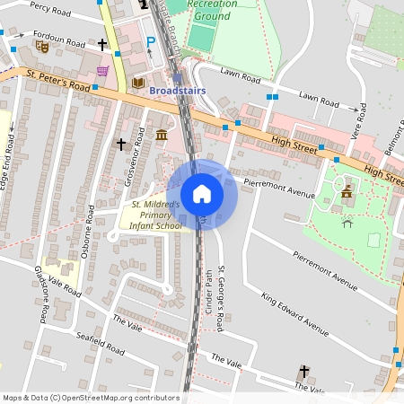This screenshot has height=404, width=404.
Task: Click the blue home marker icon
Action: pyautogui.click(x=202, y=193)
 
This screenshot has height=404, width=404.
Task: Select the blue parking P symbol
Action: pyautogui.click(x=151, y=42)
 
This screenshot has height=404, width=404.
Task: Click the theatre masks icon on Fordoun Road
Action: pyautogui.click(x=40, y=44)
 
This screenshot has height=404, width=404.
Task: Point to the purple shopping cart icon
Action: pyautogui.click(x=102, y=70)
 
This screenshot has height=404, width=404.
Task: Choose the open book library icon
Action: pyautogui.click(x=138, y=83)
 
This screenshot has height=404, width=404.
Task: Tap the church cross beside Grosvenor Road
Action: pyautogui.click(x=120, y=144)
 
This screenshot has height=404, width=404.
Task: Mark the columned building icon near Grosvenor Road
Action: pyautogui.click(x=161, y=135)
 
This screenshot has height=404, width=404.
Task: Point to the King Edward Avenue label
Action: pyautogui.click(x=294, y=312)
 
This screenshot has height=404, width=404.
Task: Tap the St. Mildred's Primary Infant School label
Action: pyautogui.click(x=151, y=215)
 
